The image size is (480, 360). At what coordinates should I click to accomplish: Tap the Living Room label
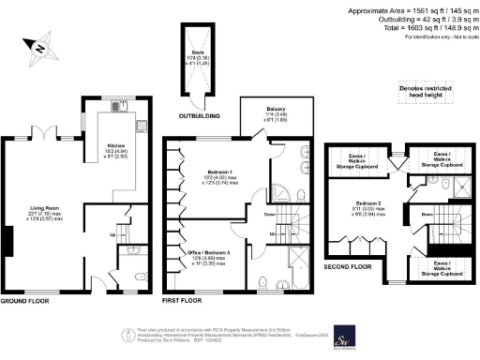[x=42, y=216]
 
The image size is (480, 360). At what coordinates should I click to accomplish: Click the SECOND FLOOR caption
[x=348, y=265]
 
